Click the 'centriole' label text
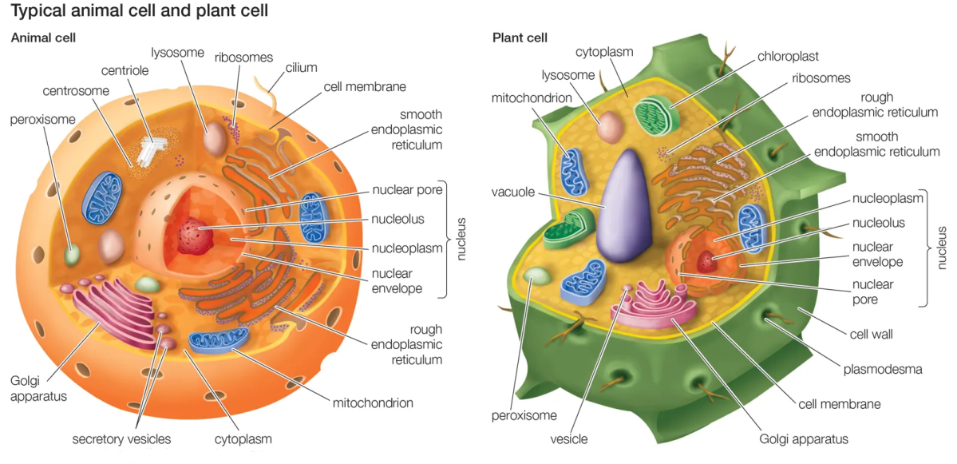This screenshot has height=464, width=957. (x=125, y=71)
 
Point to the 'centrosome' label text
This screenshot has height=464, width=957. (x=76, y=90)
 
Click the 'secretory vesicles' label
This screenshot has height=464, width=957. (x=121, y=439)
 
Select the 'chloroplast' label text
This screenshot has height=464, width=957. (x=789, y=56)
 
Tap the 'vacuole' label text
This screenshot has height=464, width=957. (x=514, y=193)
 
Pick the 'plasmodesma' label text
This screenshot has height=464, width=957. (x=883, y=369)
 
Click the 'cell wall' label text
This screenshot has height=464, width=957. (x=872, y=334)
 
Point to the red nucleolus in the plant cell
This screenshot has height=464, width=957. (x=706, y=260)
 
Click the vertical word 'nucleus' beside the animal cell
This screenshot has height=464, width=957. (x=461, y=239)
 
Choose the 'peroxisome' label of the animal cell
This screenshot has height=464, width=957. (x=42, y=120)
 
